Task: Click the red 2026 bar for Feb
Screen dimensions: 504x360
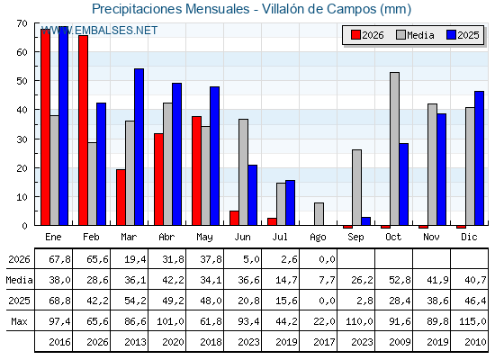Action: (83, 130)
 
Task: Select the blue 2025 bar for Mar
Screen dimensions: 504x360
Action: (139, 147)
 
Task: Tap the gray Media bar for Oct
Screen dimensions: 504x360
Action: (395, 148)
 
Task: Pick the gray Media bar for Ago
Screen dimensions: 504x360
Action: (319, 214)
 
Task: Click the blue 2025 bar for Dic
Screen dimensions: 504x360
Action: (479, 158)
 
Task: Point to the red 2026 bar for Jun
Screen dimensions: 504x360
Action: (234, 218)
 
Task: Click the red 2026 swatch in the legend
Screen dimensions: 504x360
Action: (355, 35)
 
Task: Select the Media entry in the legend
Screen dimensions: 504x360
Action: (416, 35)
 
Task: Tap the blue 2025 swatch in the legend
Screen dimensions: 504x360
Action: (451, 35)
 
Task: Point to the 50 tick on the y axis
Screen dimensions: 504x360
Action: (22, 81)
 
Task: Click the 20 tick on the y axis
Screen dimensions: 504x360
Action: (22, 168)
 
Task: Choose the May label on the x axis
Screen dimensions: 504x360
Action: (205, 238)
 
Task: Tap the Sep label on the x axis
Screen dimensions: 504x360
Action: (355, 238)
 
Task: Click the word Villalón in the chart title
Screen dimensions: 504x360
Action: (283, 9)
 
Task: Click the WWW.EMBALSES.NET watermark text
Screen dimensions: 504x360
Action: (99, 31)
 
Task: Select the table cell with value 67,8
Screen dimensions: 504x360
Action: (59, 259)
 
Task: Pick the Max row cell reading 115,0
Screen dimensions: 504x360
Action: (472, 321)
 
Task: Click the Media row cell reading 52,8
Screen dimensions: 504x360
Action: (400, 280)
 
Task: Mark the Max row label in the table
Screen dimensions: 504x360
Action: (19, 321)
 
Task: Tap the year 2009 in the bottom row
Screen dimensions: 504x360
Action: (400, 342)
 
